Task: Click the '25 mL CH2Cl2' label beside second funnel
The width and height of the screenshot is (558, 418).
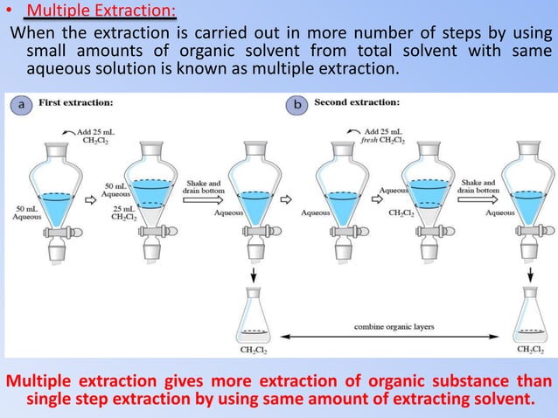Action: [x=122, y=215]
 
